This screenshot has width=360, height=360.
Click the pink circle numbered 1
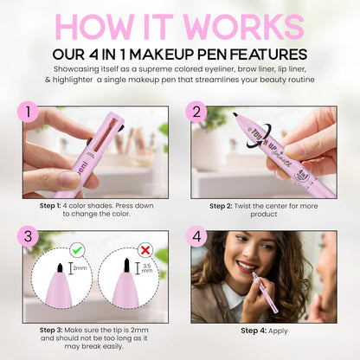(30, 112)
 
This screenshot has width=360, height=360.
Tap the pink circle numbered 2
(196, 112)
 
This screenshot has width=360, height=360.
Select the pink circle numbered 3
(30, 236)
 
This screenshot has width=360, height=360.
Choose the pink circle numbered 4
(196, 236)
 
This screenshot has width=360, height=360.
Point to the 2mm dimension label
(80, 269)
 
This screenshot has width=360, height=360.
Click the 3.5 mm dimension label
(147, 269)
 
